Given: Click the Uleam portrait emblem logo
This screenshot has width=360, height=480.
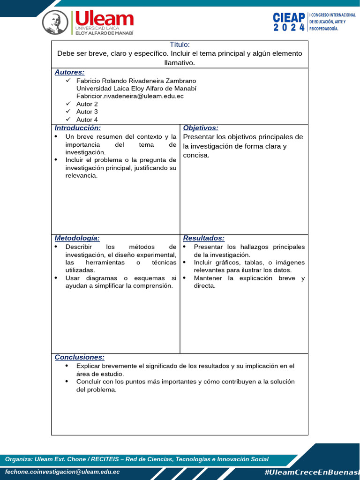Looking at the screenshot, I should click(55, 22).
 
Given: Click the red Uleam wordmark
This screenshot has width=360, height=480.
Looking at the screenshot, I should click(105, 19).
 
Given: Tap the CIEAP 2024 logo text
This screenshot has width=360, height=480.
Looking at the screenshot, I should click(289, 22).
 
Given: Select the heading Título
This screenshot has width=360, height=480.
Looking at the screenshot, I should click(180, 45).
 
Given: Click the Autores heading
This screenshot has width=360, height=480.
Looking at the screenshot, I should click(69, 72).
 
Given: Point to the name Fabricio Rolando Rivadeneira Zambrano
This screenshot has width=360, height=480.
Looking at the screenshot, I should click(136, 81).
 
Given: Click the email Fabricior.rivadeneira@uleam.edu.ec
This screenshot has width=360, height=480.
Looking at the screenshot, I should click(130, 96).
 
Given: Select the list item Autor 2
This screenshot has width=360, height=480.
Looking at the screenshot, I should click(87, 104).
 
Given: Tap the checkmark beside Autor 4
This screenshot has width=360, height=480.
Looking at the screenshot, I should click(68, 120).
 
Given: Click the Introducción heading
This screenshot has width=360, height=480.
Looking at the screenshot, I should click(77, 128).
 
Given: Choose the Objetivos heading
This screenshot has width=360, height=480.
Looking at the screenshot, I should click(201, 128).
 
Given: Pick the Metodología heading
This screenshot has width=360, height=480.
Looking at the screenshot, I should click(77, 238).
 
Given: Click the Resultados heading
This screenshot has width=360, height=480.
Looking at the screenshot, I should click(203, 238).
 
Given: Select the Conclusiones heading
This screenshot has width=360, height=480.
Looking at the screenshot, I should click(79, 357).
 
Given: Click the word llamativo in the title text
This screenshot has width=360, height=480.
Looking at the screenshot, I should click(180, 62).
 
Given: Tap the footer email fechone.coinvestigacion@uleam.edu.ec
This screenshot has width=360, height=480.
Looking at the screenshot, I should click(62, 472).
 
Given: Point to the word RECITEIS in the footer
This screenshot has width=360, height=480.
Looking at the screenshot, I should click(105, 459).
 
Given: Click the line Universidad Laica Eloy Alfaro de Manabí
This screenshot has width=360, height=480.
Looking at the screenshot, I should click(136, 89).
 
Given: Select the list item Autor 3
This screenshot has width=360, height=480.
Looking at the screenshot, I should click(87, 112).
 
